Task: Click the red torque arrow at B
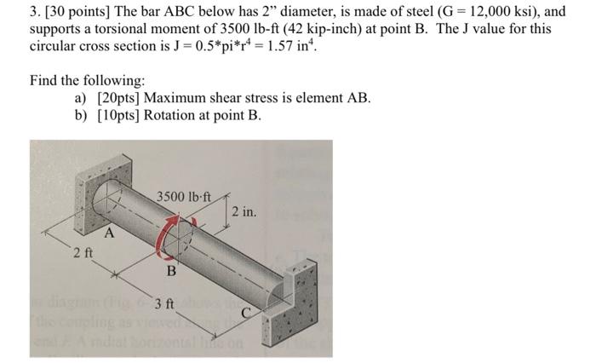[x=173, y=236]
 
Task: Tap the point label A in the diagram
[x=108, y=233]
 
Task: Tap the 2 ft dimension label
[x=83, y=253]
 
